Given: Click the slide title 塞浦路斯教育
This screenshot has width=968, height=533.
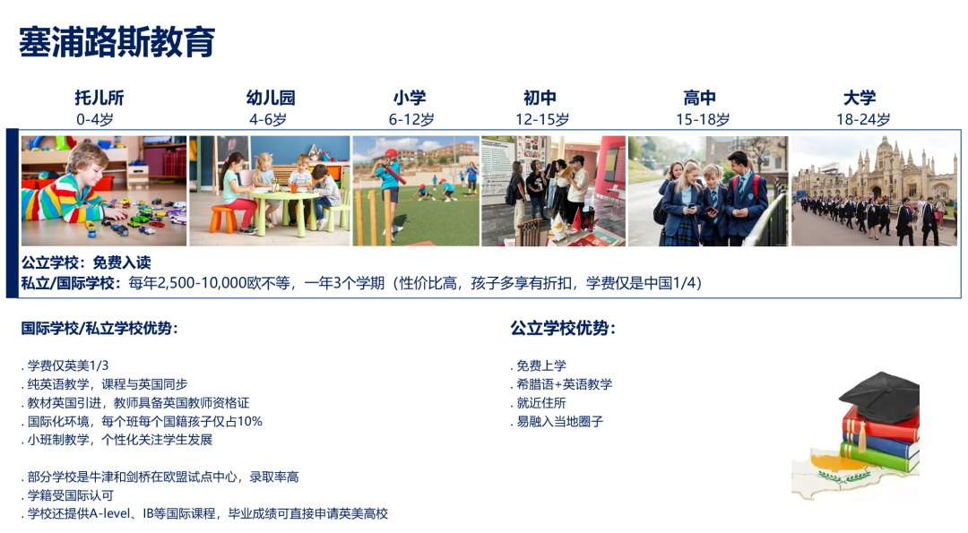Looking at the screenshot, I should [117, 42].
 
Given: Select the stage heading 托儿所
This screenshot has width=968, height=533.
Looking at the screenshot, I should [99, 99].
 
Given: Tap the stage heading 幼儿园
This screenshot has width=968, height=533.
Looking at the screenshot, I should [271, 99].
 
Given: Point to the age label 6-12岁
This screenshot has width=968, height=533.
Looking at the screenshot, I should [411, 119].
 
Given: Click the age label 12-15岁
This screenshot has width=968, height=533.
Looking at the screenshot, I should [541, 119].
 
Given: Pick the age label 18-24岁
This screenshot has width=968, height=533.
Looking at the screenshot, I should [863, 119].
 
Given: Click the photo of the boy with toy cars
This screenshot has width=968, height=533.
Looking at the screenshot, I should [104, 191].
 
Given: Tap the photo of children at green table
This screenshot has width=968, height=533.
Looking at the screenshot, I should [270, 191].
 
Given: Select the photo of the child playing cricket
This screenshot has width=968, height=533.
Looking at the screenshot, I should [416, 191].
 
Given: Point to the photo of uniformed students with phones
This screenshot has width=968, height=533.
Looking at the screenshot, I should [708, 191].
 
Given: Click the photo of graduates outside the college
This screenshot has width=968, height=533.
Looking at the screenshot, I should [874, 191].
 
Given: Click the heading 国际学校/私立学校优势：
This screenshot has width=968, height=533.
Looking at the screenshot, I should [99, 329].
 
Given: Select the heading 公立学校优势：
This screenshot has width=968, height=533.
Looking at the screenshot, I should [564, 329].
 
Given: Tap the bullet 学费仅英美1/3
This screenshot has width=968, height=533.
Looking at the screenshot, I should [68, 365].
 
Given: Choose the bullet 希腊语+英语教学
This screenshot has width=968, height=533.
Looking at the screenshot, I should [564, 384].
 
